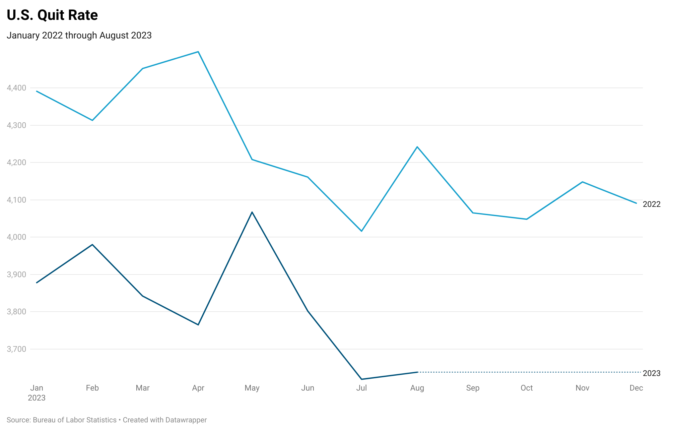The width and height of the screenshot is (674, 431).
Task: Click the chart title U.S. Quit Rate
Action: [52, 15]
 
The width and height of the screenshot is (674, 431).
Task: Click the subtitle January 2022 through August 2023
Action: [79, 35]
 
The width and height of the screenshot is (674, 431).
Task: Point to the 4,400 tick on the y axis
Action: [17, 88]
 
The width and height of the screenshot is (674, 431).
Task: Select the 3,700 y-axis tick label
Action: [17, 349]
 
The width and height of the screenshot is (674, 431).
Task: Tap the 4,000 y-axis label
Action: [17, 237]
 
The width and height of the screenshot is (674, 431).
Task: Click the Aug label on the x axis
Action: [417, 388]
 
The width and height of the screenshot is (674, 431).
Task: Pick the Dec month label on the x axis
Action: [636, 388]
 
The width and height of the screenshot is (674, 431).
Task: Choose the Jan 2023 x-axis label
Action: [36, 393]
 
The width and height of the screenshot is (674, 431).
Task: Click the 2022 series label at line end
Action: [651, 204]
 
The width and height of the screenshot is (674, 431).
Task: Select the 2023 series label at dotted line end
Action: [651, 373]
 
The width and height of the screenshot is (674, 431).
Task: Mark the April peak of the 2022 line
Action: [198, 52]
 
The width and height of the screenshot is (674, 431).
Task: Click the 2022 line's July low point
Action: [361, 231]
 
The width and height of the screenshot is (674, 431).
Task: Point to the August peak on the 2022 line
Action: [417, 147]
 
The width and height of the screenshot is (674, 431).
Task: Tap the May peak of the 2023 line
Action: [252, 212]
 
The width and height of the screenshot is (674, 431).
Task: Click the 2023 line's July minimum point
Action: [361, 379]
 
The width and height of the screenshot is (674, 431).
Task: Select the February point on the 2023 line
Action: [92, 245]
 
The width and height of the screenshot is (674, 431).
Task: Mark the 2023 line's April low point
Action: [198, 325]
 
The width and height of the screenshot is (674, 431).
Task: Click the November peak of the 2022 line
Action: [582, 182]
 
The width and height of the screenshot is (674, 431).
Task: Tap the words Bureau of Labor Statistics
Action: [75, 420]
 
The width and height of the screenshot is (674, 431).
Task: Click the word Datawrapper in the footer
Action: [186, 420]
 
